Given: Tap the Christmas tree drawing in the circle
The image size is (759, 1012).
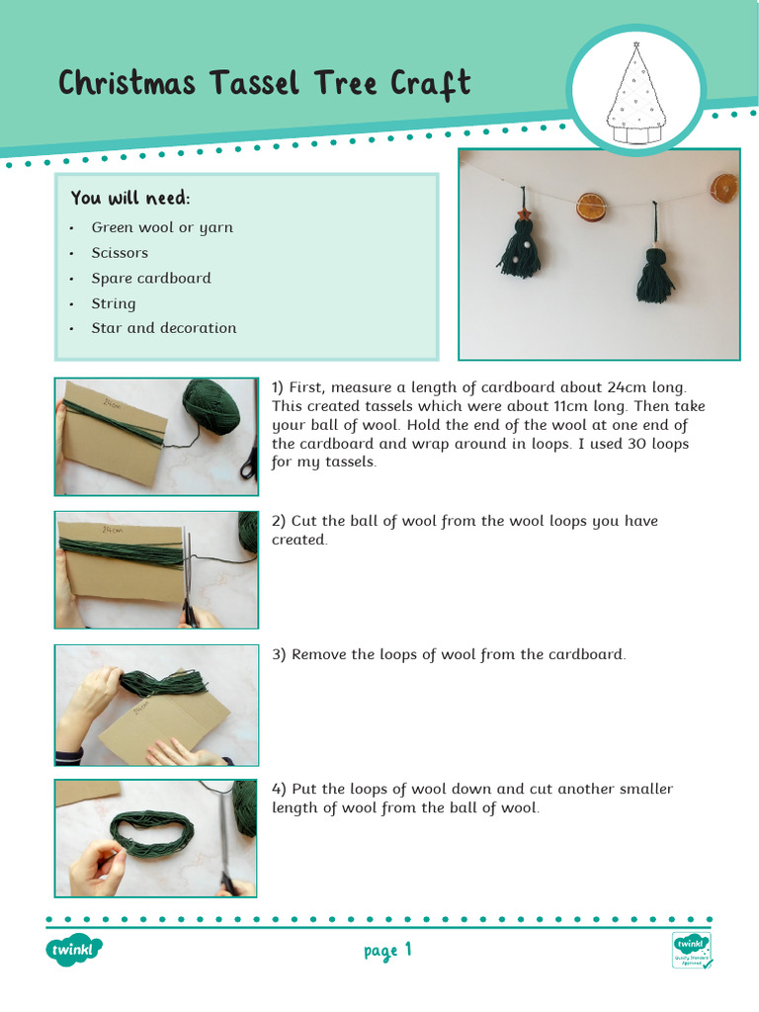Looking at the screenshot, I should tap(636, 94).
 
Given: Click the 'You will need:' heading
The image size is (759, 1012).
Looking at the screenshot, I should tap(130, 199).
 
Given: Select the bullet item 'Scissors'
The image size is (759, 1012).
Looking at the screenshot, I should tap(120, 253).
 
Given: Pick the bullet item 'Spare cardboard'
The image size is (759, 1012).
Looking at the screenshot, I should tap(151, 279).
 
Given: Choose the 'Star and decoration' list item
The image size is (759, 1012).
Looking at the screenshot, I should tap(164, 328).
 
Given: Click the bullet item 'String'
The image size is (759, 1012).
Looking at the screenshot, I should tap(114, 303).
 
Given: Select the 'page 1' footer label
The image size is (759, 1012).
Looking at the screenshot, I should tap(386, 952).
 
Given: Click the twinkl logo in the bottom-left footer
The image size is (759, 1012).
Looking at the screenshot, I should tap(74, 952).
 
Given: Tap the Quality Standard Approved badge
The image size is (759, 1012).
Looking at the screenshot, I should tap(692, 951).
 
